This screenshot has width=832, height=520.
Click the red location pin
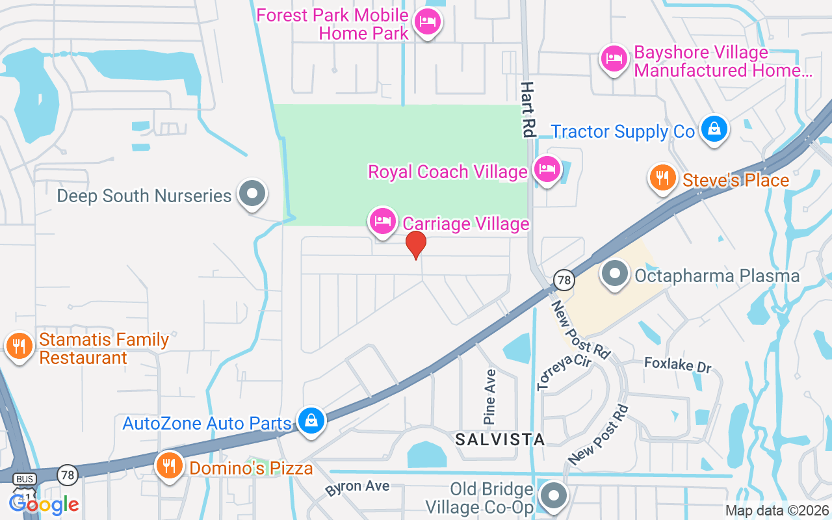pos(416,244)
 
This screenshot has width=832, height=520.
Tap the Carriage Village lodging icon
pos(383,222)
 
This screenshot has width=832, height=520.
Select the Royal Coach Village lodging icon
pos(547,170)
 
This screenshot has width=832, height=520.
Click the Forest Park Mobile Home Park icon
pos(427,22)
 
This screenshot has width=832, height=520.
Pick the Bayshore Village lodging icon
pos(614,59)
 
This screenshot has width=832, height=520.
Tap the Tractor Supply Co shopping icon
pos(714,129)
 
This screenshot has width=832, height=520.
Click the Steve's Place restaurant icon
pos(662,177)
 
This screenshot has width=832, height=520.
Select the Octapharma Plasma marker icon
pos(615,274)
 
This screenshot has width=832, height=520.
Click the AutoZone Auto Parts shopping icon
pos(311,422)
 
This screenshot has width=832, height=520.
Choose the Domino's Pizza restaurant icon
pos(170,466)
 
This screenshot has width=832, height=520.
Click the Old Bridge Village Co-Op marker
pos(553,495)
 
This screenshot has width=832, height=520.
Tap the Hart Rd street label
pos(527,109)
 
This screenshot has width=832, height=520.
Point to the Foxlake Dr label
pos(677,365)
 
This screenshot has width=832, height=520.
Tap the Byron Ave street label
pos(357,487)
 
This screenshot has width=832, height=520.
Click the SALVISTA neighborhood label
pos(500,439)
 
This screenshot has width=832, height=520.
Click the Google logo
pos(44,504)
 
